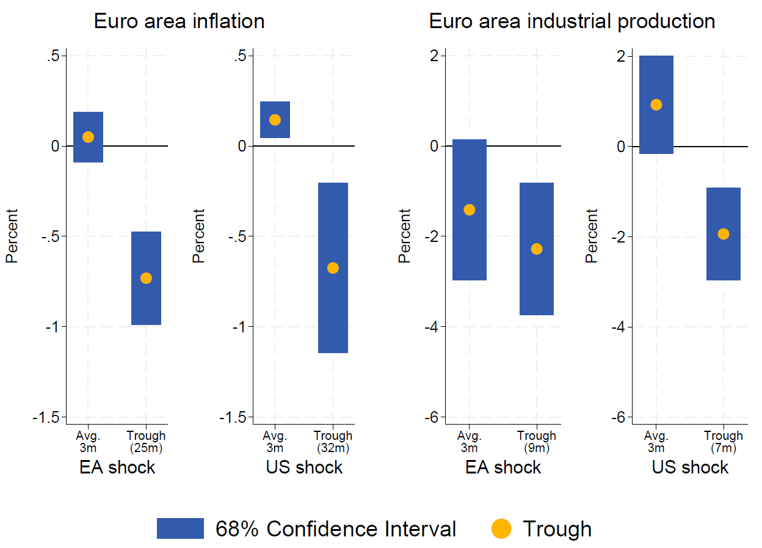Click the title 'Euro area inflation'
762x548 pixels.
tap(179, 21)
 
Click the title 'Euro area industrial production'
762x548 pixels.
tap(571, 21)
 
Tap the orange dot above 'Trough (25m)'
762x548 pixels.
tap(146, 278)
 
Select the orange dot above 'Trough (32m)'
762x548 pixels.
tap(333, 268)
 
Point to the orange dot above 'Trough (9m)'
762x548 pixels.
tap(537, 249)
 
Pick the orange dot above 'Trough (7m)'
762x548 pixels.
tap(724, 234)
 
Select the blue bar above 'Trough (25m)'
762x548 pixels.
tap(146, 250)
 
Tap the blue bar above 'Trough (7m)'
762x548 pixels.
tap(724, 208)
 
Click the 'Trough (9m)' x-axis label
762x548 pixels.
tap(537, 442)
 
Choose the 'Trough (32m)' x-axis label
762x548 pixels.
tap(333, 442)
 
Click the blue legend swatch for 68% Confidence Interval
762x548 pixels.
tap(180, 528)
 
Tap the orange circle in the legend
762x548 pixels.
tap(501, 528)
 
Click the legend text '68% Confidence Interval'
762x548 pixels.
tap(336, 528)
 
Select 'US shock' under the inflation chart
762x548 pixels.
tap(304, 468)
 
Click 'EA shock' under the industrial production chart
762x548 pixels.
tap(503, 468)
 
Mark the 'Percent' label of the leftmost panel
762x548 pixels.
tap(12, 236)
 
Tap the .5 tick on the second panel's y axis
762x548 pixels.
tap(241, 56)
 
